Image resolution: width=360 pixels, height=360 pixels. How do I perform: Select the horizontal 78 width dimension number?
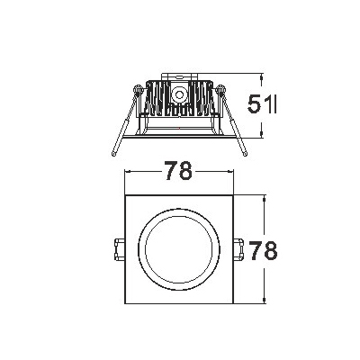click(x=178, y=171)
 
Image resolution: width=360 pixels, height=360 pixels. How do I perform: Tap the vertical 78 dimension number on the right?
click(x=264, y=250)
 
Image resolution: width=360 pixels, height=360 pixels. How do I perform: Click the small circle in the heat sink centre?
click(x=179, y=94)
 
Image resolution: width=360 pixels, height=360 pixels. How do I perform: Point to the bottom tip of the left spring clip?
click(x=113, y=154)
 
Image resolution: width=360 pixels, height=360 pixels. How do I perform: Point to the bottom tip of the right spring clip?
click(x=245, y=154)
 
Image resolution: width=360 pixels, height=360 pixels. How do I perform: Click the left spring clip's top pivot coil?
click(x=138, y=90)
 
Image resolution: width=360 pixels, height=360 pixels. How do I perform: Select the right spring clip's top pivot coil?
click(x=221, y=90)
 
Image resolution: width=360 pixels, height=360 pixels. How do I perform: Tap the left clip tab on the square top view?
click(x=120, y=249)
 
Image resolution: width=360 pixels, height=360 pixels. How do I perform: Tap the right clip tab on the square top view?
click(x=239, y=249)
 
